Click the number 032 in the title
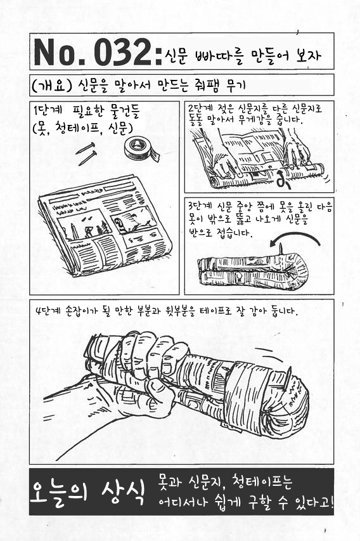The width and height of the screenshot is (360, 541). point(123,52)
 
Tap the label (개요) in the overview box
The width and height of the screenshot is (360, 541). point(51,86)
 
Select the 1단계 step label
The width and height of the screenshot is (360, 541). point(48,111)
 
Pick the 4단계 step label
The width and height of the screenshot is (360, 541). point(48,311)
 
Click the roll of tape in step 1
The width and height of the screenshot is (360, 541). point(141,150)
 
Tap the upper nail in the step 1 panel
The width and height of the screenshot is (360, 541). point(85,148)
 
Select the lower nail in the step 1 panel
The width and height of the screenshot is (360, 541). point(87,158)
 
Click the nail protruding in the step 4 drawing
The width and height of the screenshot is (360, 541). point(287,379)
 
